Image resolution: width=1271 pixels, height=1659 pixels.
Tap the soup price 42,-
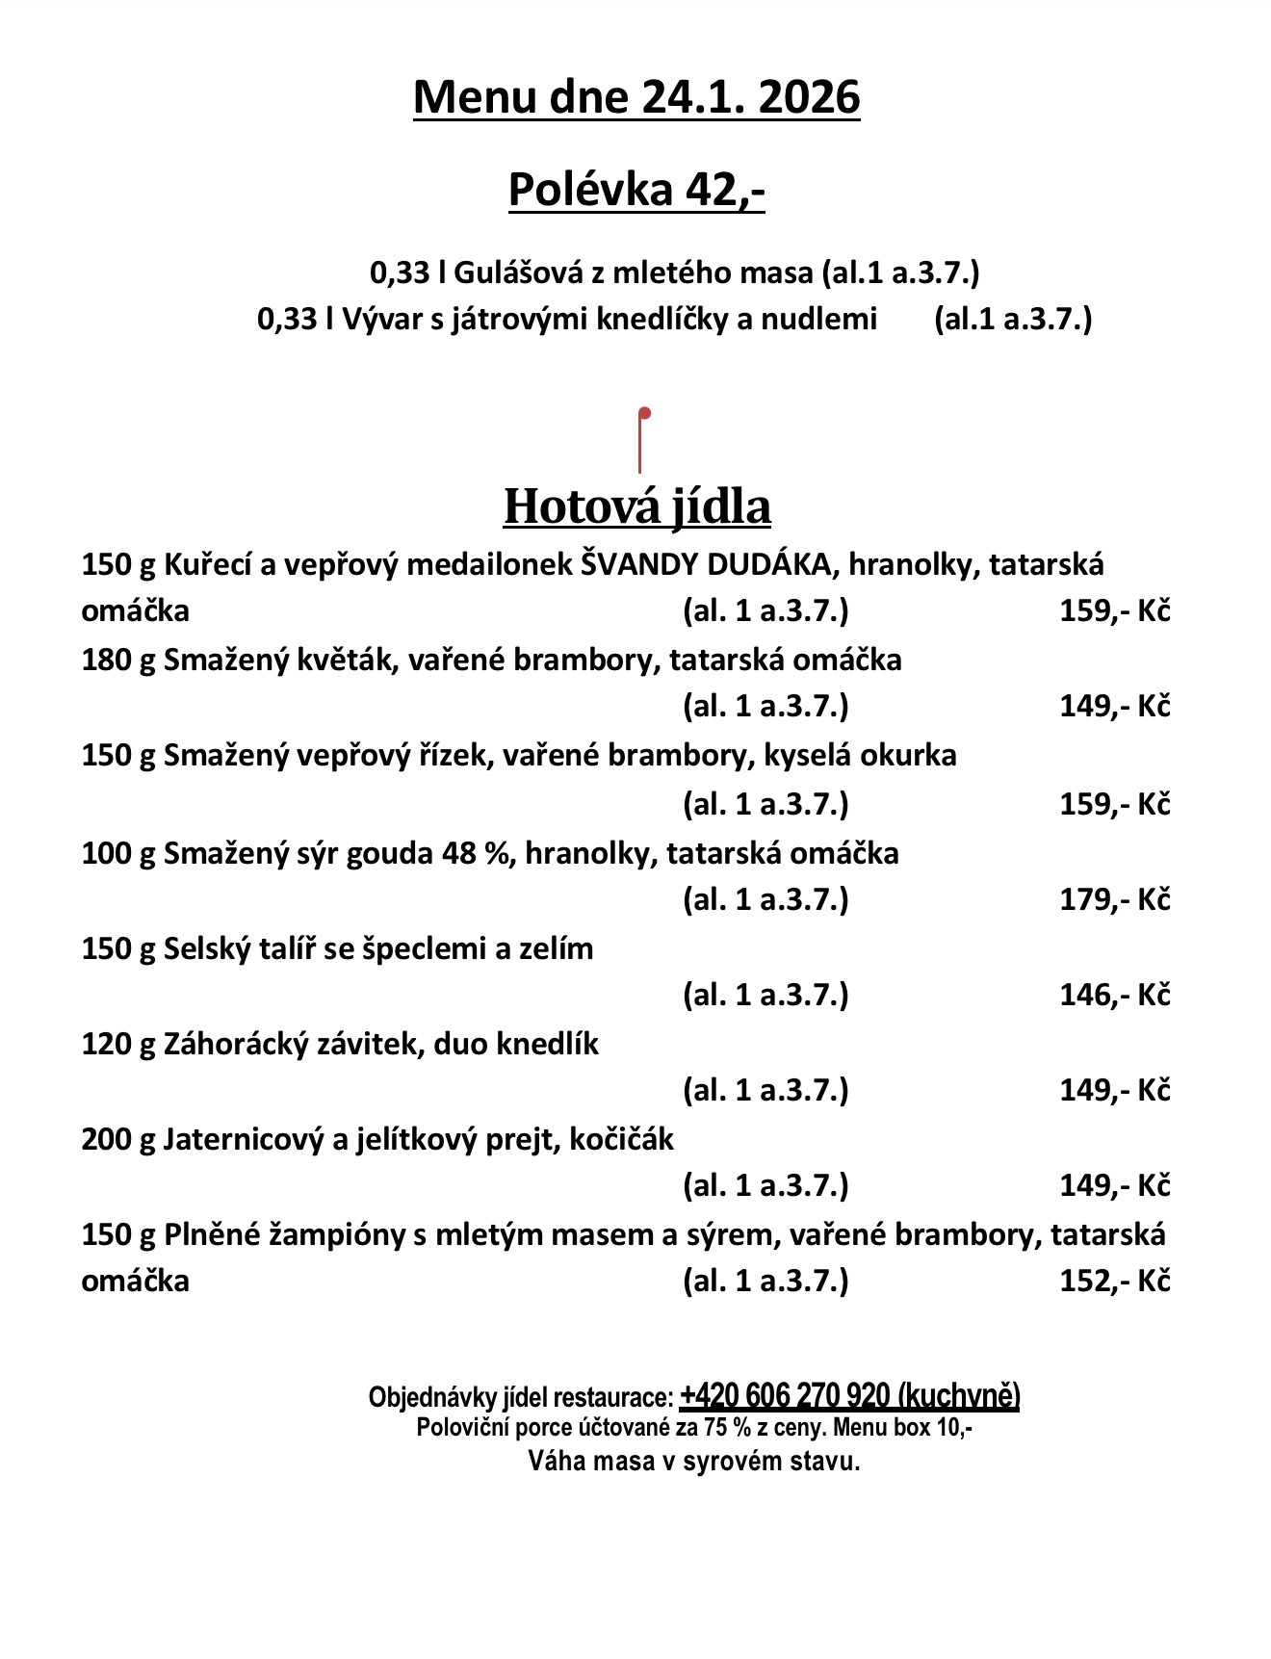[x=725, y=189]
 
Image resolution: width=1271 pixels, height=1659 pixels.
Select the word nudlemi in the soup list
[x=819, y=319]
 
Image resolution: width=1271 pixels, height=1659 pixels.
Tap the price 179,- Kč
[x=1114, y=899]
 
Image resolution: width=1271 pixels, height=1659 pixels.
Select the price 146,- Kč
[x=1114, y=995]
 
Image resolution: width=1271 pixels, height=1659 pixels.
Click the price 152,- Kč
[x=1114, y=1281]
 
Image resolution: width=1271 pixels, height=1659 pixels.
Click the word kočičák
[x=621, y=1140]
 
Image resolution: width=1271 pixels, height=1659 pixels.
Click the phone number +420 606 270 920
[x=784, y=1396]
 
